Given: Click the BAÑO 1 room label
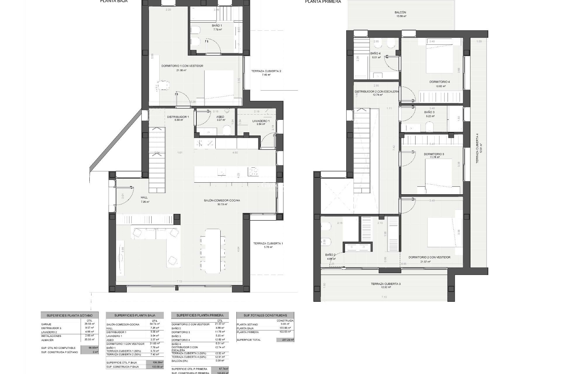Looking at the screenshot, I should [x=217, y=26].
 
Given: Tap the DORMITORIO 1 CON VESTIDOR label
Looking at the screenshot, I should [x=182, y=66].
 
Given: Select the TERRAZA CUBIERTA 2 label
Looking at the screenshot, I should [x=266, y=71].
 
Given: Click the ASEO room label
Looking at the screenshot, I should [x=220, y=117].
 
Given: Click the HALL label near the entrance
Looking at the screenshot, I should [x=144, y=198].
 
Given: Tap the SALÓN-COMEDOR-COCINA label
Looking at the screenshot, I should [x=222, y=200].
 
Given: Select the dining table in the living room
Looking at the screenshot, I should [x=212, y=251].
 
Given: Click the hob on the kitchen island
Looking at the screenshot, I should [x=253, y=172].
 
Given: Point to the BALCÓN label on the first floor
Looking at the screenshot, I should [x=400, y=13].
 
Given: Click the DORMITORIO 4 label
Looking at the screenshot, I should [x=439, y=82].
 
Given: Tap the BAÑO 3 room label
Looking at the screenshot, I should [x=429, y=112].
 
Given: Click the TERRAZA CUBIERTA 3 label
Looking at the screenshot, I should [x=385, y=284].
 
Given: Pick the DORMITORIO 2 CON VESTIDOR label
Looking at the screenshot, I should [x=429, y=257].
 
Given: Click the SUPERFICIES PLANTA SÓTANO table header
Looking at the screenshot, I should [x=70, y=316].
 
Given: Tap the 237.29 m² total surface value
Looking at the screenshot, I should [x=285, y=340].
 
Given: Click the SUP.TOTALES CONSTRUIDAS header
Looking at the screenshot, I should [x=265, y=315].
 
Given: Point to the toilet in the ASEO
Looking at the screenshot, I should [x=227, y=130].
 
